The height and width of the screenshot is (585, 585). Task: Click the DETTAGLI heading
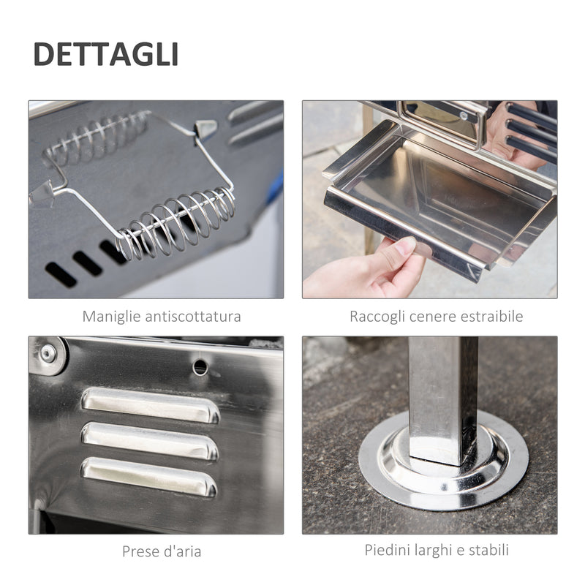[x=105, y=55]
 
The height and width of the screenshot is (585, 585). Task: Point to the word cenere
[x=436, y=317]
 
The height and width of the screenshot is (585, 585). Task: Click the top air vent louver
[x=151, y=405]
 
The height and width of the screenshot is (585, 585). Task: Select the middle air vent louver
[x=149, y=441]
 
